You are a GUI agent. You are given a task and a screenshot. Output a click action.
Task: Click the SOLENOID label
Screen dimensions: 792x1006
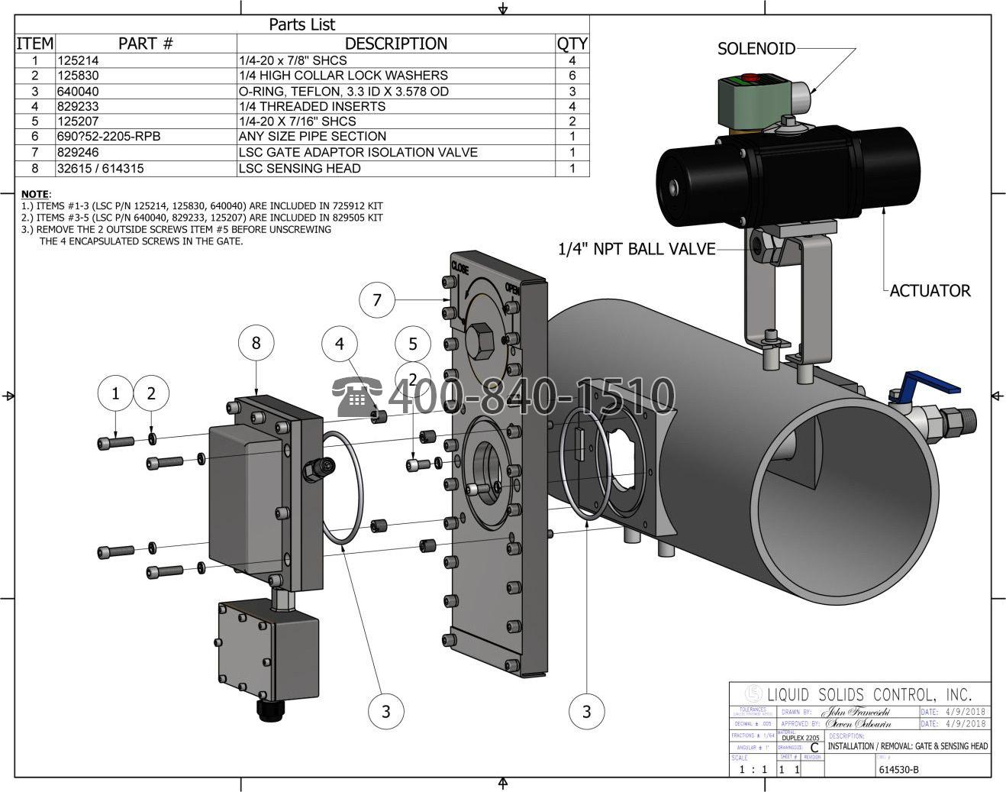tap(756, 49)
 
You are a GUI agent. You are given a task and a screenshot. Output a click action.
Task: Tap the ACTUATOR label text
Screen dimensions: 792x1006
tap(930, 290)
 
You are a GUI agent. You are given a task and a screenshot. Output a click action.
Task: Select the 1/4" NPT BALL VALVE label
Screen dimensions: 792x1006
tap(637, 248)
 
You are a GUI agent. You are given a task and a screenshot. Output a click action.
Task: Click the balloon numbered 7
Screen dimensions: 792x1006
tap(377, 299)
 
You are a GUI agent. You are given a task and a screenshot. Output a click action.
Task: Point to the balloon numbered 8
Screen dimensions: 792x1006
tap(256, 343)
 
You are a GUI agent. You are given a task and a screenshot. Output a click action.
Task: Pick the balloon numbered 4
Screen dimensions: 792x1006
tap(340, 344)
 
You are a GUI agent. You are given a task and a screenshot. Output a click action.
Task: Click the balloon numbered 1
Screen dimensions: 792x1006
tap(116, 393)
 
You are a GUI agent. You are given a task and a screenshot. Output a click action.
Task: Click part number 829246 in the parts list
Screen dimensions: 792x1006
tap(78, 152)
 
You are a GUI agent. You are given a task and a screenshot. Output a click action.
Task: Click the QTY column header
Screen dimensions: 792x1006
tap(572, 44)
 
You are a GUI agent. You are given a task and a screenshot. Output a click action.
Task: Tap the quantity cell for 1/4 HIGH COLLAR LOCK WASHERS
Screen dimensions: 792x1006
tap(572, 76)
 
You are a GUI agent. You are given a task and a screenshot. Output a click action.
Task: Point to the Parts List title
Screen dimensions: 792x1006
tap(301, 24)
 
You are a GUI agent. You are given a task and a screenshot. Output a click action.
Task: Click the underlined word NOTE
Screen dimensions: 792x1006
tap(34, 194)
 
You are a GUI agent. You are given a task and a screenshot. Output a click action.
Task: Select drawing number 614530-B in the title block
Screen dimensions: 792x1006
tap(898, 769)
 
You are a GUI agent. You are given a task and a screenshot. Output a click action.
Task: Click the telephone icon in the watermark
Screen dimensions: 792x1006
tap(356, 396)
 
